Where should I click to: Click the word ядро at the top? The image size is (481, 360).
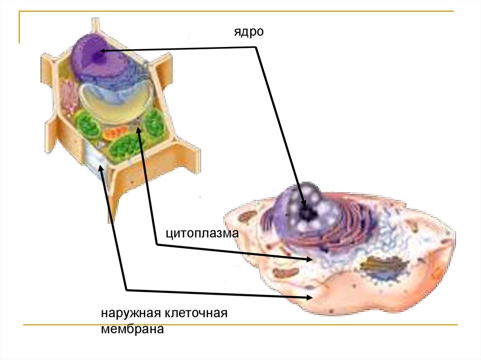[x=250, y=32]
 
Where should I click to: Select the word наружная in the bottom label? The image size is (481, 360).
[x=130, y=314]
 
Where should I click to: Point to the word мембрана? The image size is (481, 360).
[x=132, y=329]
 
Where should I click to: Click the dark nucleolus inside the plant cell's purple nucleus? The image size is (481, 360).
[x=97, y=58]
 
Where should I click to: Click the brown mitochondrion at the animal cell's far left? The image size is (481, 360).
[x=247, y=217]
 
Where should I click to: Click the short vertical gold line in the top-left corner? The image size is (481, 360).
[x=19, y=27]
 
